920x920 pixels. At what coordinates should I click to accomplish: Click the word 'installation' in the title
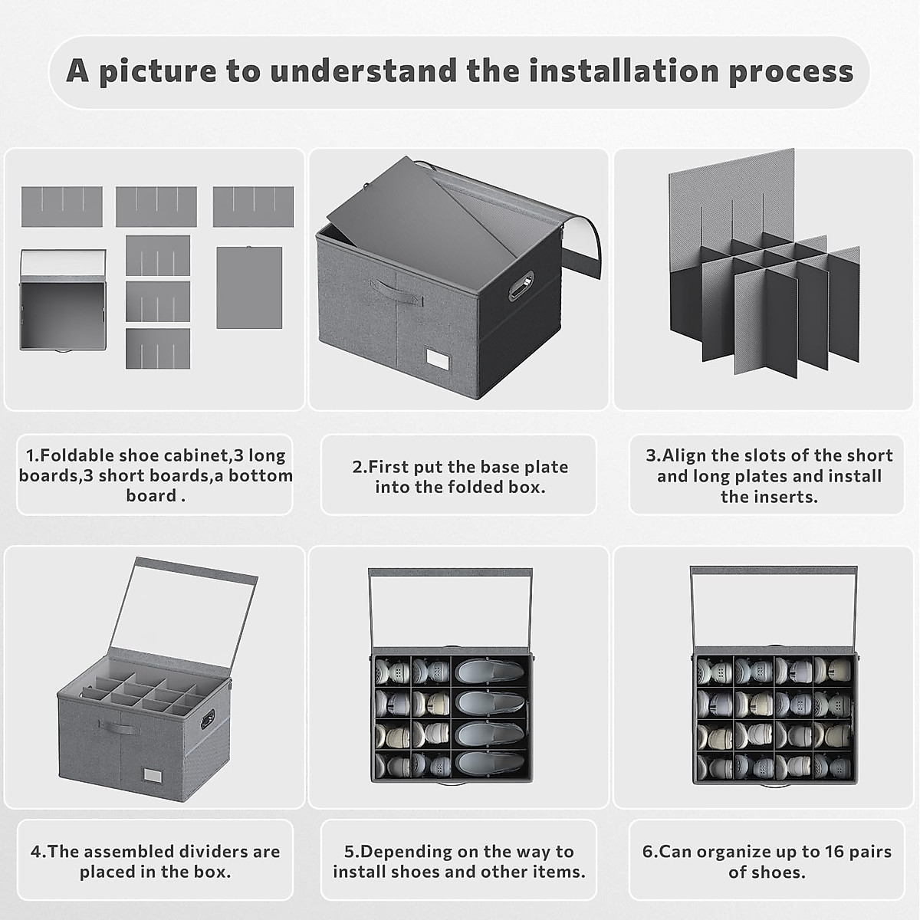point(624,71)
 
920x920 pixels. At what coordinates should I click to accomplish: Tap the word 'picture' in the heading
point(157,71)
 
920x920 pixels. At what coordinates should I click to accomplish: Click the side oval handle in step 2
point(521,285)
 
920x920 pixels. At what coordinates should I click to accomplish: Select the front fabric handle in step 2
point(396,292)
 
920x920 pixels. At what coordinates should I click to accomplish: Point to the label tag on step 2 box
point(439,359)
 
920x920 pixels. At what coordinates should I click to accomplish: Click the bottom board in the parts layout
point(249,287)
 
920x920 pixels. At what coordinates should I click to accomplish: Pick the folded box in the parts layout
point(63,300)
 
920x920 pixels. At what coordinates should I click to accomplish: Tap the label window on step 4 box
point(153,776)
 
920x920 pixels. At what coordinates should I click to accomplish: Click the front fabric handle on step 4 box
point(119,727)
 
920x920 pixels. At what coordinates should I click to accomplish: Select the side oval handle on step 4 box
point(208,718)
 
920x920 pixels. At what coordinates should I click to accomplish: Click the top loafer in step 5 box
point(489,670)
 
